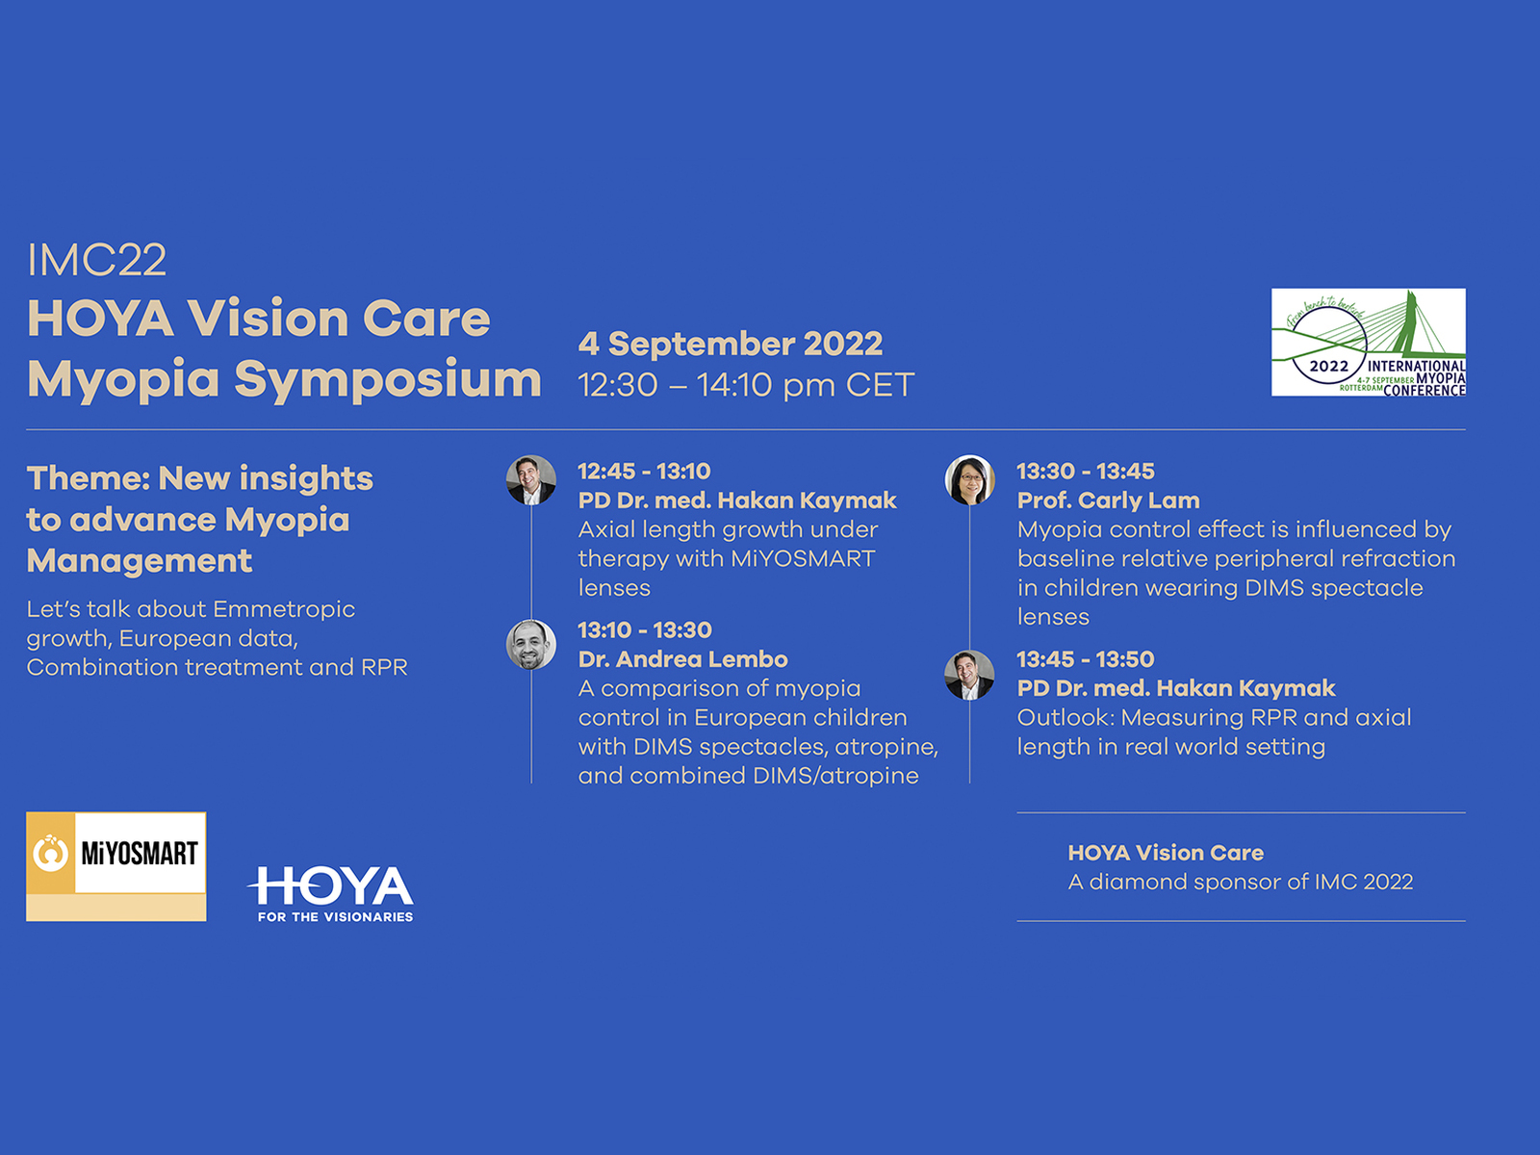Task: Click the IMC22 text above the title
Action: coord(97,260)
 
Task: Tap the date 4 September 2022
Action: coord(731,344)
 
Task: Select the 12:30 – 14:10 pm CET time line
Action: coord(746,385)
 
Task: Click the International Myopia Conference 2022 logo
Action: coord(1368,343)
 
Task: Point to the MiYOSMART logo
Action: coord(116,866)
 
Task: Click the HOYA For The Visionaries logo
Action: coord(330,893)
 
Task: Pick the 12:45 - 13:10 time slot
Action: coord(644,472)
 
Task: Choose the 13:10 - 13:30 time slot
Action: coord(645,629)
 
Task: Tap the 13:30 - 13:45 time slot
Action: coord(1086,472)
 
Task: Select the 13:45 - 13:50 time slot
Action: coord(1086,659)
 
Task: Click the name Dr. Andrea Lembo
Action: coord(682,659)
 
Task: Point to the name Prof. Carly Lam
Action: coord(1109,500)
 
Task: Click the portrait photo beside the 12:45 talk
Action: coord(531,479)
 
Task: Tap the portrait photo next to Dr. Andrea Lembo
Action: coord(531,645)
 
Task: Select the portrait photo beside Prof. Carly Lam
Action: coord(969,479)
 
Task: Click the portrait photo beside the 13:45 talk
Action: coord(969,675)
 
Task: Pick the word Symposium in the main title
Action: coord(387,380)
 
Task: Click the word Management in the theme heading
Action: coord(139,561)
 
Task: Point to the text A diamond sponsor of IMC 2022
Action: coord(1241,882)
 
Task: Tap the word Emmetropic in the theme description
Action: coord(284,610)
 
